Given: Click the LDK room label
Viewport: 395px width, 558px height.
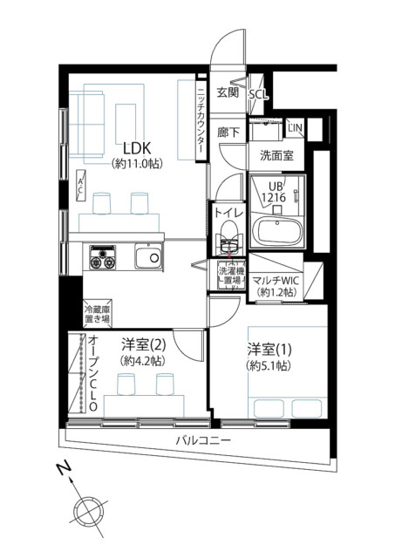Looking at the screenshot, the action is pyautogui.click(x=138, y=147).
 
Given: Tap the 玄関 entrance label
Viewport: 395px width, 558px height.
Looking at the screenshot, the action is pyautogui.click(x=228, y=92).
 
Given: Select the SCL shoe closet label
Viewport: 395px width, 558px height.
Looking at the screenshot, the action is pyautogui.click(x=258, y=95).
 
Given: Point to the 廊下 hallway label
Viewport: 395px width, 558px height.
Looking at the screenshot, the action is pyautogui.click(x=228, y=133).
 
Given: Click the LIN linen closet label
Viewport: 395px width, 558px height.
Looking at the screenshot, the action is pyautogui.click(x=295, y=128).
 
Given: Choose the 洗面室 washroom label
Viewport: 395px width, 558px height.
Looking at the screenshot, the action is pyautogui.click(x=276, y=155).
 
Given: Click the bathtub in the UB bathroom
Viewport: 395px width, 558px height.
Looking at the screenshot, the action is pyautogui.click(x=279, y=231).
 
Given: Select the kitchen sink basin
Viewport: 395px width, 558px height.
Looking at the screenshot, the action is pyautogui.click(x=149, y=257).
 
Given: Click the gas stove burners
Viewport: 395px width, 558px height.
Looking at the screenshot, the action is pyautogui.click(x=103, y=257).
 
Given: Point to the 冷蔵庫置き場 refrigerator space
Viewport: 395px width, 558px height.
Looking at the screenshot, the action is pyautogui.click(x=97, y=314).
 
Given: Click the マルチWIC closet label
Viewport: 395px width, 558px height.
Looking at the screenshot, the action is pyautogui.click(x=276, y=287).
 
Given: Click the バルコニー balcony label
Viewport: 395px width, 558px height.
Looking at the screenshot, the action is pyautogui.click(x=204, y=440).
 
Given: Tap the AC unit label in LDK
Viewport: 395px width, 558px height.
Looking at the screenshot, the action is pyautogui.click(x=80, y=187).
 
